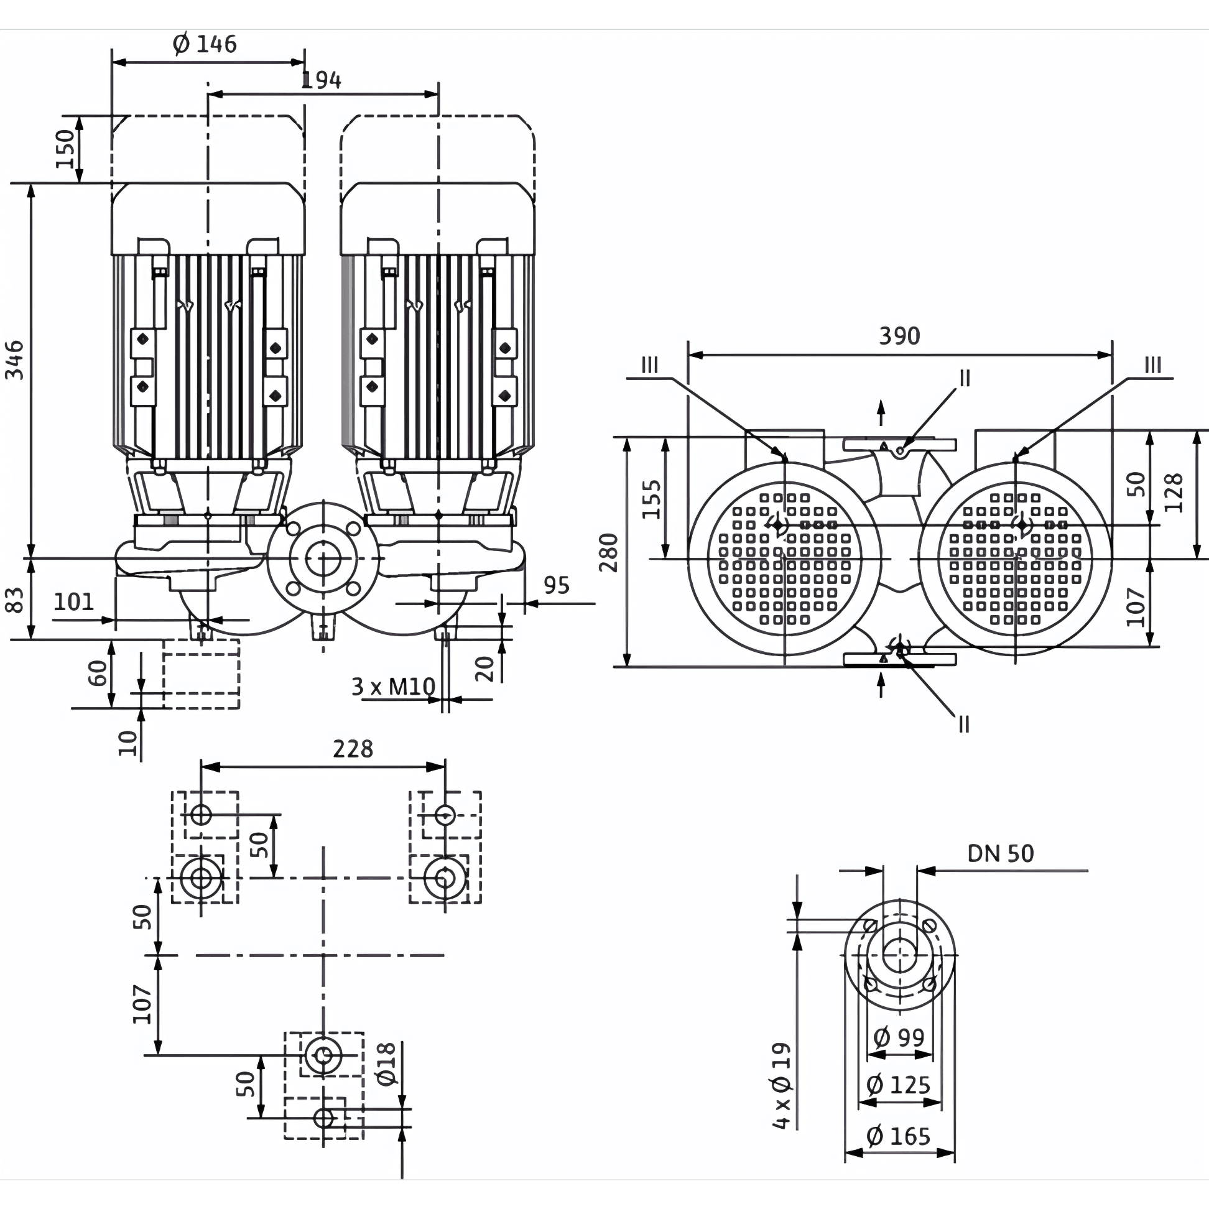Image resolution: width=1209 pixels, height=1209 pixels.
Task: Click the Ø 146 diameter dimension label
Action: [205, 44]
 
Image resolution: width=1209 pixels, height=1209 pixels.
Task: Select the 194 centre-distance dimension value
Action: [322, 80]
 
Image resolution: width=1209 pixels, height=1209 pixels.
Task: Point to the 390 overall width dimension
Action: [899, 336]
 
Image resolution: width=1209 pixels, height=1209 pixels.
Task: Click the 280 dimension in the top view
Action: [608, 552]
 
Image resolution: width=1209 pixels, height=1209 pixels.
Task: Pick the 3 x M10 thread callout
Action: [393, 687]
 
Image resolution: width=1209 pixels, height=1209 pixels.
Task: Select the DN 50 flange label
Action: [1001, 853]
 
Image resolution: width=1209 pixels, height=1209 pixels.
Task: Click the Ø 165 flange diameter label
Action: [899, 1136]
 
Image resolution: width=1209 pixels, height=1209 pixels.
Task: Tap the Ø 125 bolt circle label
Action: [899, 1085]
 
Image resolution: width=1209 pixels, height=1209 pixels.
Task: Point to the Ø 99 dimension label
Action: [899, 1037]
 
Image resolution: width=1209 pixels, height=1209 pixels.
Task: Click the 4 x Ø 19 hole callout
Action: [782, 1086]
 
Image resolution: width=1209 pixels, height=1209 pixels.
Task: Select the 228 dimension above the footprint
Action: [353, 749]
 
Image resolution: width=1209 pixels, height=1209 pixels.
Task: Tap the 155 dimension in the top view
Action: [651, 499]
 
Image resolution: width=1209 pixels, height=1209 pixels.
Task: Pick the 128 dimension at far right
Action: [1175, 493]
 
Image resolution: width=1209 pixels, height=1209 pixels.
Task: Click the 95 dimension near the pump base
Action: [557, 586]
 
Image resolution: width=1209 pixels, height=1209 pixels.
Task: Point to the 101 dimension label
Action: [74, 602]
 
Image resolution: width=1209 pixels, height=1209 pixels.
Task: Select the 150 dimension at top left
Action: [66, 149]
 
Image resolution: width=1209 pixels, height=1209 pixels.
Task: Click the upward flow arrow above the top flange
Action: [881, 413]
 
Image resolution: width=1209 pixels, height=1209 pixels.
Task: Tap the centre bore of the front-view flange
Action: [323, 558]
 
